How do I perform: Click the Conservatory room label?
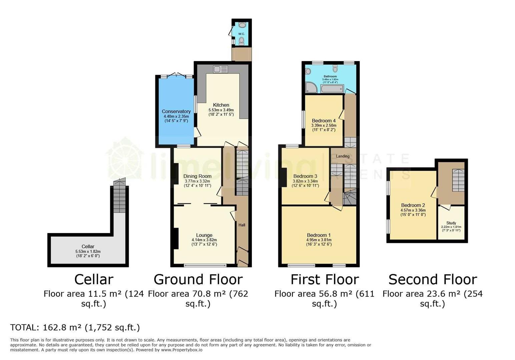coord(176,111)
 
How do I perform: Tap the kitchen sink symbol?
coord(220,69)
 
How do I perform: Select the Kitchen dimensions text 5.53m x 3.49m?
coord(221,110)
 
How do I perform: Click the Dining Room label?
coord(197,176)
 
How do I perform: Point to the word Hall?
coord(242,225)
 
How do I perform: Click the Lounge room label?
coord(204,235)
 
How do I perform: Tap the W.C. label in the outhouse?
coord(241,34)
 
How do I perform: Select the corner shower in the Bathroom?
coord(312,87)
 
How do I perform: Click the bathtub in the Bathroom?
coord(332,89)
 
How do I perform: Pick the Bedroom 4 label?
coord(324,121)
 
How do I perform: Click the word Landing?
coord(343,156)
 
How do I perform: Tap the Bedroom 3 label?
coord(305,176)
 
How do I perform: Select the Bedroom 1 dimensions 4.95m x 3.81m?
coord(319,240)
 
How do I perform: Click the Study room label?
coord(451,223)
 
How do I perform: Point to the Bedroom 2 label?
coord(413,205)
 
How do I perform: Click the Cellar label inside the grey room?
coord(88,246)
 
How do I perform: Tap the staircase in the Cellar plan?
coord(119,198)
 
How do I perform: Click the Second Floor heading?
coord(433,279)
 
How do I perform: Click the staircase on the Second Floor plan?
coord(458,180)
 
